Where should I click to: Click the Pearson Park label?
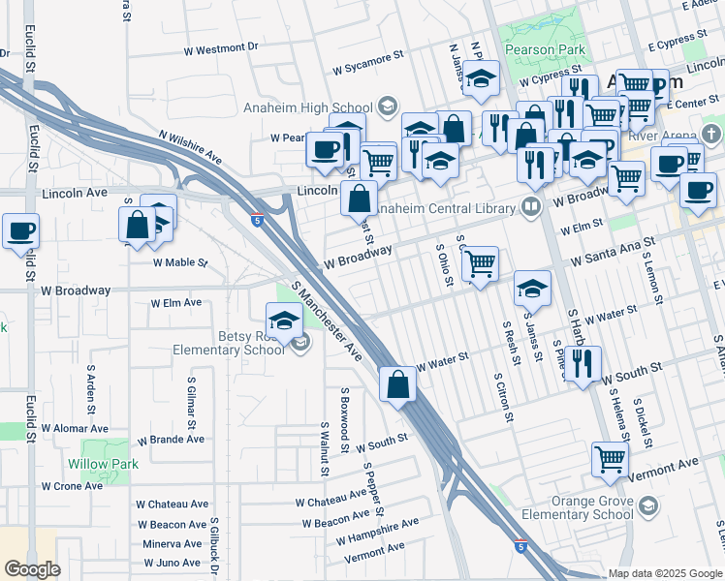pyautogui.click(x=543, y=49)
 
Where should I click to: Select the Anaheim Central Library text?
pyautogui.click(x=442, y=206)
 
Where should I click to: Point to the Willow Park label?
pyautogui.click(x=103, y=464)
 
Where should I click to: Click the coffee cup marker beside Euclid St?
pyautogui.click(x=20, y=232)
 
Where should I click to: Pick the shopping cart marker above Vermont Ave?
pyautogui.click(x=610, y=459)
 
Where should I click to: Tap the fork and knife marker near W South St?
pyautogui.click(x=582, y=364)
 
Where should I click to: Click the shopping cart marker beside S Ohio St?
pyautogui.click(x=480, y=262)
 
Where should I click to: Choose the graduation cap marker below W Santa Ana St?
pyautogui.click(x=532, y=289)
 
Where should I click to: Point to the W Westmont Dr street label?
pyautogui.click(x=221, y=46)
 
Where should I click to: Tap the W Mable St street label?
pyautogui.click(x=180, y=262)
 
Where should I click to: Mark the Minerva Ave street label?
pyautogui.click(x=172, y=544)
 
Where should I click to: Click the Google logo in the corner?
pyautogui.click(x=32, y=569)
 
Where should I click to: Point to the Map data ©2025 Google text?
pyautogui.click(x=666, y=573)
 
